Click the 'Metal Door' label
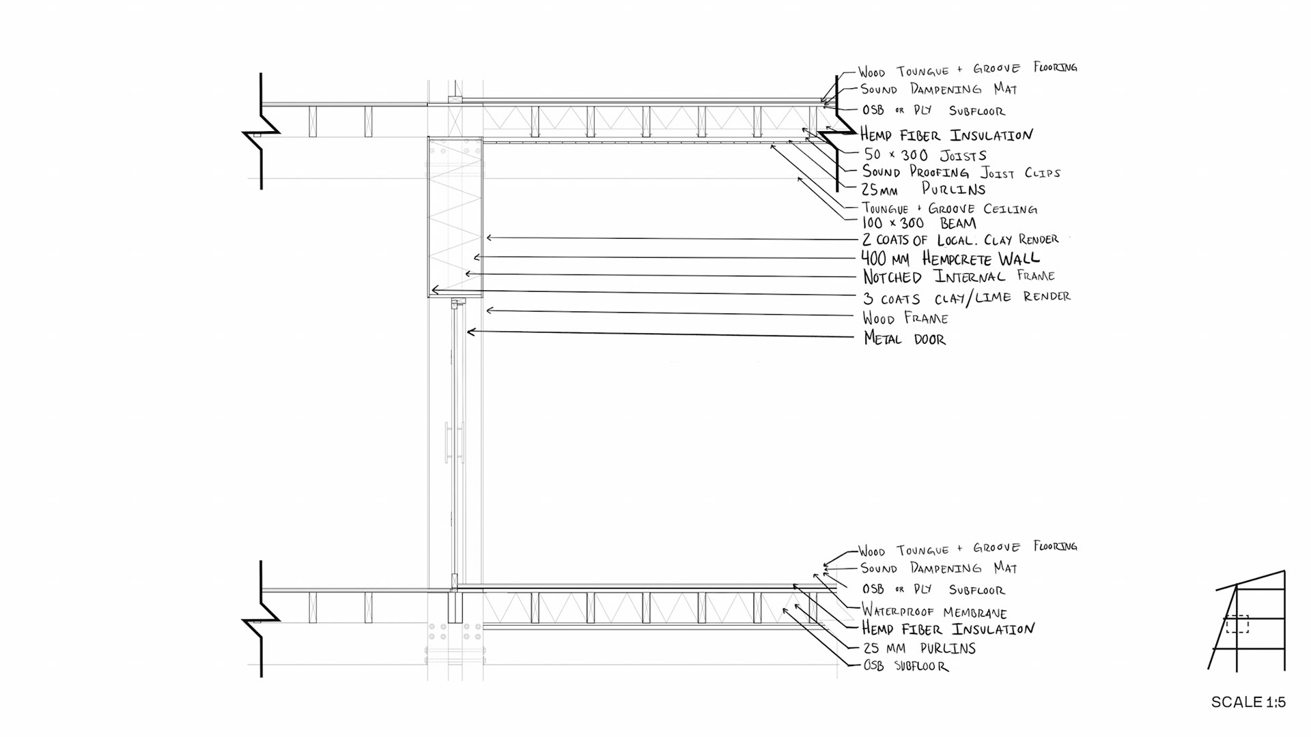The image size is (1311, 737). click(x=905, y=338)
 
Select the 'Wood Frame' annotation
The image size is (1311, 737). click(x=905, y=318)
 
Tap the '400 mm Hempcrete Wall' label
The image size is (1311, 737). click(x=950, y=259)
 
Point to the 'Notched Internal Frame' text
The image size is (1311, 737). click(x=959, y=276)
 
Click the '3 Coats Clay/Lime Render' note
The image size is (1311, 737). click(x=966, y=298)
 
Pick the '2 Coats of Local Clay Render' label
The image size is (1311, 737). click(x=960, y=240)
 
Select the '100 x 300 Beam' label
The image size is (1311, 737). click(x=919, y=223)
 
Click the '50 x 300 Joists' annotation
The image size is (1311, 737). click(x=925, y=155)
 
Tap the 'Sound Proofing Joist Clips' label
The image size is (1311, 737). click(x=961, y=173)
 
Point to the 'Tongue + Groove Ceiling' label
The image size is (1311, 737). click(x=949, y=209)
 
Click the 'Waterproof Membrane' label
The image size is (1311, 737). click(x=934, y=611)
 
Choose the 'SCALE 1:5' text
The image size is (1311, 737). click(x=1248, y=702)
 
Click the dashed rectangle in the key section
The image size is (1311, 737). click(x=1237, y=624)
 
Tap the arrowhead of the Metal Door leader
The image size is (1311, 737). click(x=469, y=332)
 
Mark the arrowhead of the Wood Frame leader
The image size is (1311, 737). click(x=488, y=310)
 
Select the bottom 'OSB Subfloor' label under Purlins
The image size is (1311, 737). click(x=905, y=666)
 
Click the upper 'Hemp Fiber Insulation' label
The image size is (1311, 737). click(x=946, y=134)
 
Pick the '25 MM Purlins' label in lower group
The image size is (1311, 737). click(x=919, y=648)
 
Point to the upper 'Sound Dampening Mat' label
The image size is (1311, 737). click(x=938, y=89)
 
